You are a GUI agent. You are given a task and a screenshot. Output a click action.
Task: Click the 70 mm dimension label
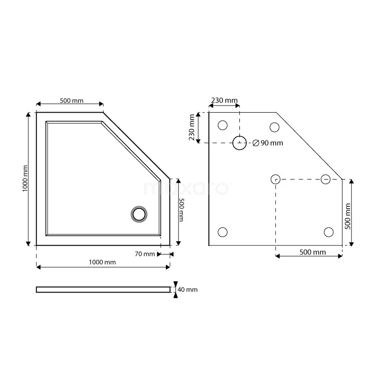pos(145,254)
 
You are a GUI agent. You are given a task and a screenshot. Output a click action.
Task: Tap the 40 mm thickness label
pos(188,289)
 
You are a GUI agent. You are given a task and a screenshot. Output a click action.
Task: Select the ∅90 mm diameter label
pos(268,143)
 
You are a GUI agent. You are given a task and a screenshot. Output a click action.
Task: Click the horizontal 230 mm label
pos(224,100)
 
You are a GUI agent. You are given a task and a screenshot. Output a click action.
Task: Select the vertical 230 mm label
pos(192,127)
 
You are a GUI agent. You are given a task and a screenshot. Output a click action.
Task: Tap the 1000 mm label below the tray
pos(102,262)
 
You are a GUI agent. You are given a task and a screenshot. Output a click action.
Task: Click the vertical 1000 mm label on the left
pos(25,179)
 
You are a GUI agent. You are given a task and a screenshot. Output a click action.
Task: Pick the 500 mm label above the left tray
pos(72,100)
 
